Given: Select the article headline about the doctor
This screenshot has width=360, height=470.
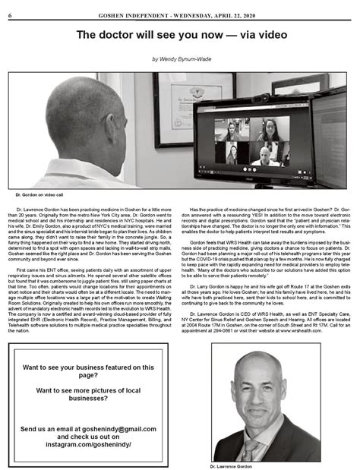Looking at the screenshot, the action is pyautogui.click(x=180, y=34).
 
